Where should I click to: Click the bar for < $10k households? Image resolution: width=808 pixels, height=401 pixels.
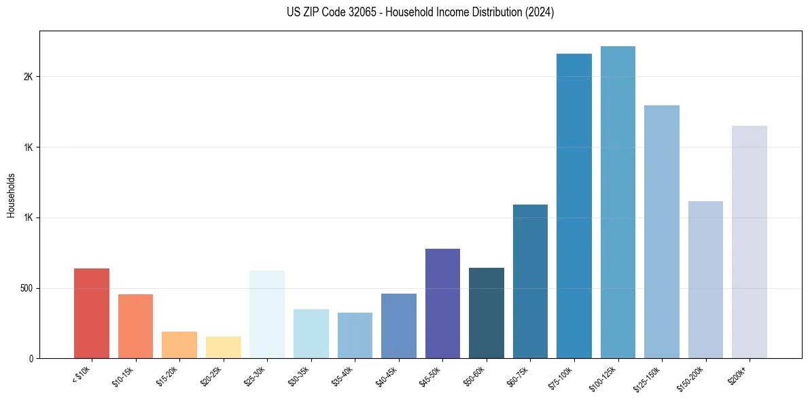(x=91, y=313)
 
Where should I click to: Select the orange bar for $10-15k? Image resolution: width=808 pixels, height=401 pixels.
(x=135, y=326)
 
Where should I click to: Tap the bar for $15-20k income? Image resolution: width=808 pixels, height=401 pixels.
(x=179, y=345)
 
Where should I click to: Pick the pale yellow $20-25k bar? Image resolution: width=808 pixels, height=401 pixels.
(x=223, y=347)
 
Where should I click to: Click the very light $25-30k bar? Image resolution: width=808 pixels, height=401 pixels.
(x=267, y=315)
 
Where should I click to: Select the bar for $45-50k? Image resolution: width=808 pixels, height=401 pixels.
(x=442, y=304)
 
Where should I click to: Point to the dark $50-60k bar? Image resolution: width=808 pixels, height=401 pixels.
(x=487, y=313)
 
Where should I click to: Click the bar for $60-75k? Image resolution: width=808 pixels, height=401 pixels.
(x=530, y=281)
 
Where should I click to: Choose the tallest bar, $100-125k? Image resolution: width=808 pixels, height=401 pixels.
(x=618, y=203)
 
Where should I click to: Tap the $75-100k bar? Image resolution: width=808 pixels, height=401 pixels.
(x=574, y=206)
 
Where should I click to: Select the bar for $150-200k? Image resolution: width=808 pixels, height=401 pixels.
(x=705, y=280)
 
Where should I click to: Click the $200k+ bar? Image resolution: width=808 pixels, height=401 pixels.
(x=750, y=242)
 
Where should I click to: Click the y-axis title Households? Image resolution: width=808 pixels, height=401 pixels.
(x=11, y=194)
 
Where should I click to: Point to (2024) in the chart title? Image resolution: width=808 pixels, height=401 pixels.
(x=538, y=12)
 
